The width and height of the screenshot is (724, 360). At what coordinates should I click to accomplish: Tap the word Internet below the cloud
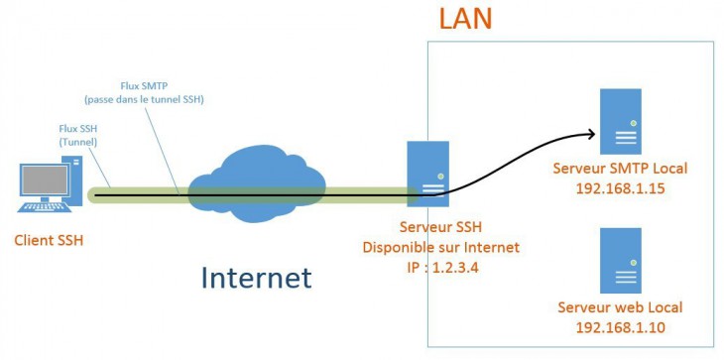tap(256, 277)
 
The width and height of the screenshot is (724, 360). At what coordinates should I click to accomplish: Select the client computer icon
tap(46, 187)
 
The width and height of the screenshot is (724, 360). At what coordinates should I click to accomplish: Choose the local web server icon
tap(621, 259)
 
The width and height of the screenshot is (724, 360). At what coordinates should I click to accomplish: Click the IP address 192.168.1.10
tap(620, 326)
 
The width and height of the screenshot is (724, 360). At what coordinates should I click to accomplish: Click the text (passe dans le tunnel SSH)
tap(150, 100)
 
